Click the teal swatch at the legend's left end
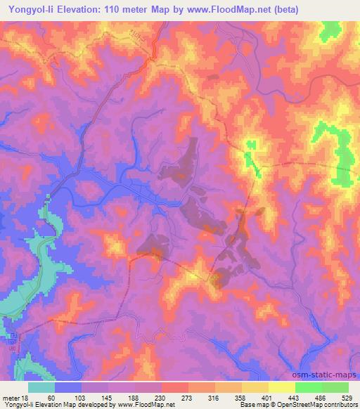(41, 387)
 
